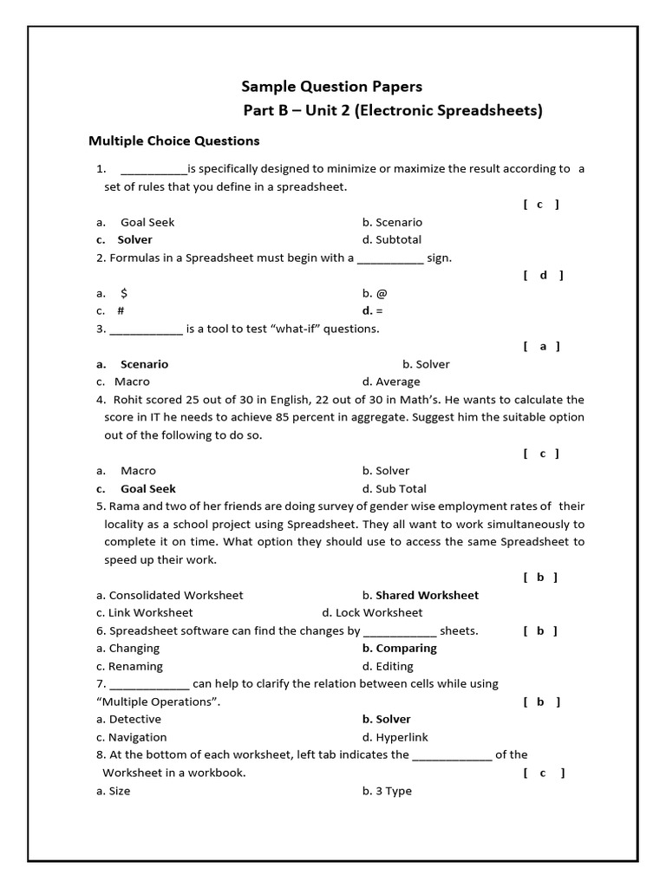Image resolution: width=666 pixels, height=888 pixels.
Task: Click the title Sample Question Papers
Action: (331, 87)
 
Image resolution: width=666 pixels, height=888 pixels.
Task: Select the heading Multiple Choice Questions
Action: (174, 140)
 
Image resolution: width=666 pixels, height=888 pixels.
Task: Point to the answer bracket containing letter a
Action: (543, 347)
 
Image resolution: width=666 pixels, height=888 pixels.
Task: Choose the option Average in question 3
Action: (397, 382)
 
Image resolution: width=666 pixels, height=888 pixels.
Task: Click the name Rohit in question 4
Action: (129, 400)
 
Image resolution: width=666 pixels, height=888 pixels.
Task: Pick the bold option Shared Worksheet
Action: (427, 596)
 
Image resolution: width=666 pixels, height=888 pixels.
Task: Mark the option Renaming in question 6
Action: (135, 667)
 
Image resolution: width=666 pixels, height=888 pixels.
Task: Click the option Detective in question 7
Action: (134, 720)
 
